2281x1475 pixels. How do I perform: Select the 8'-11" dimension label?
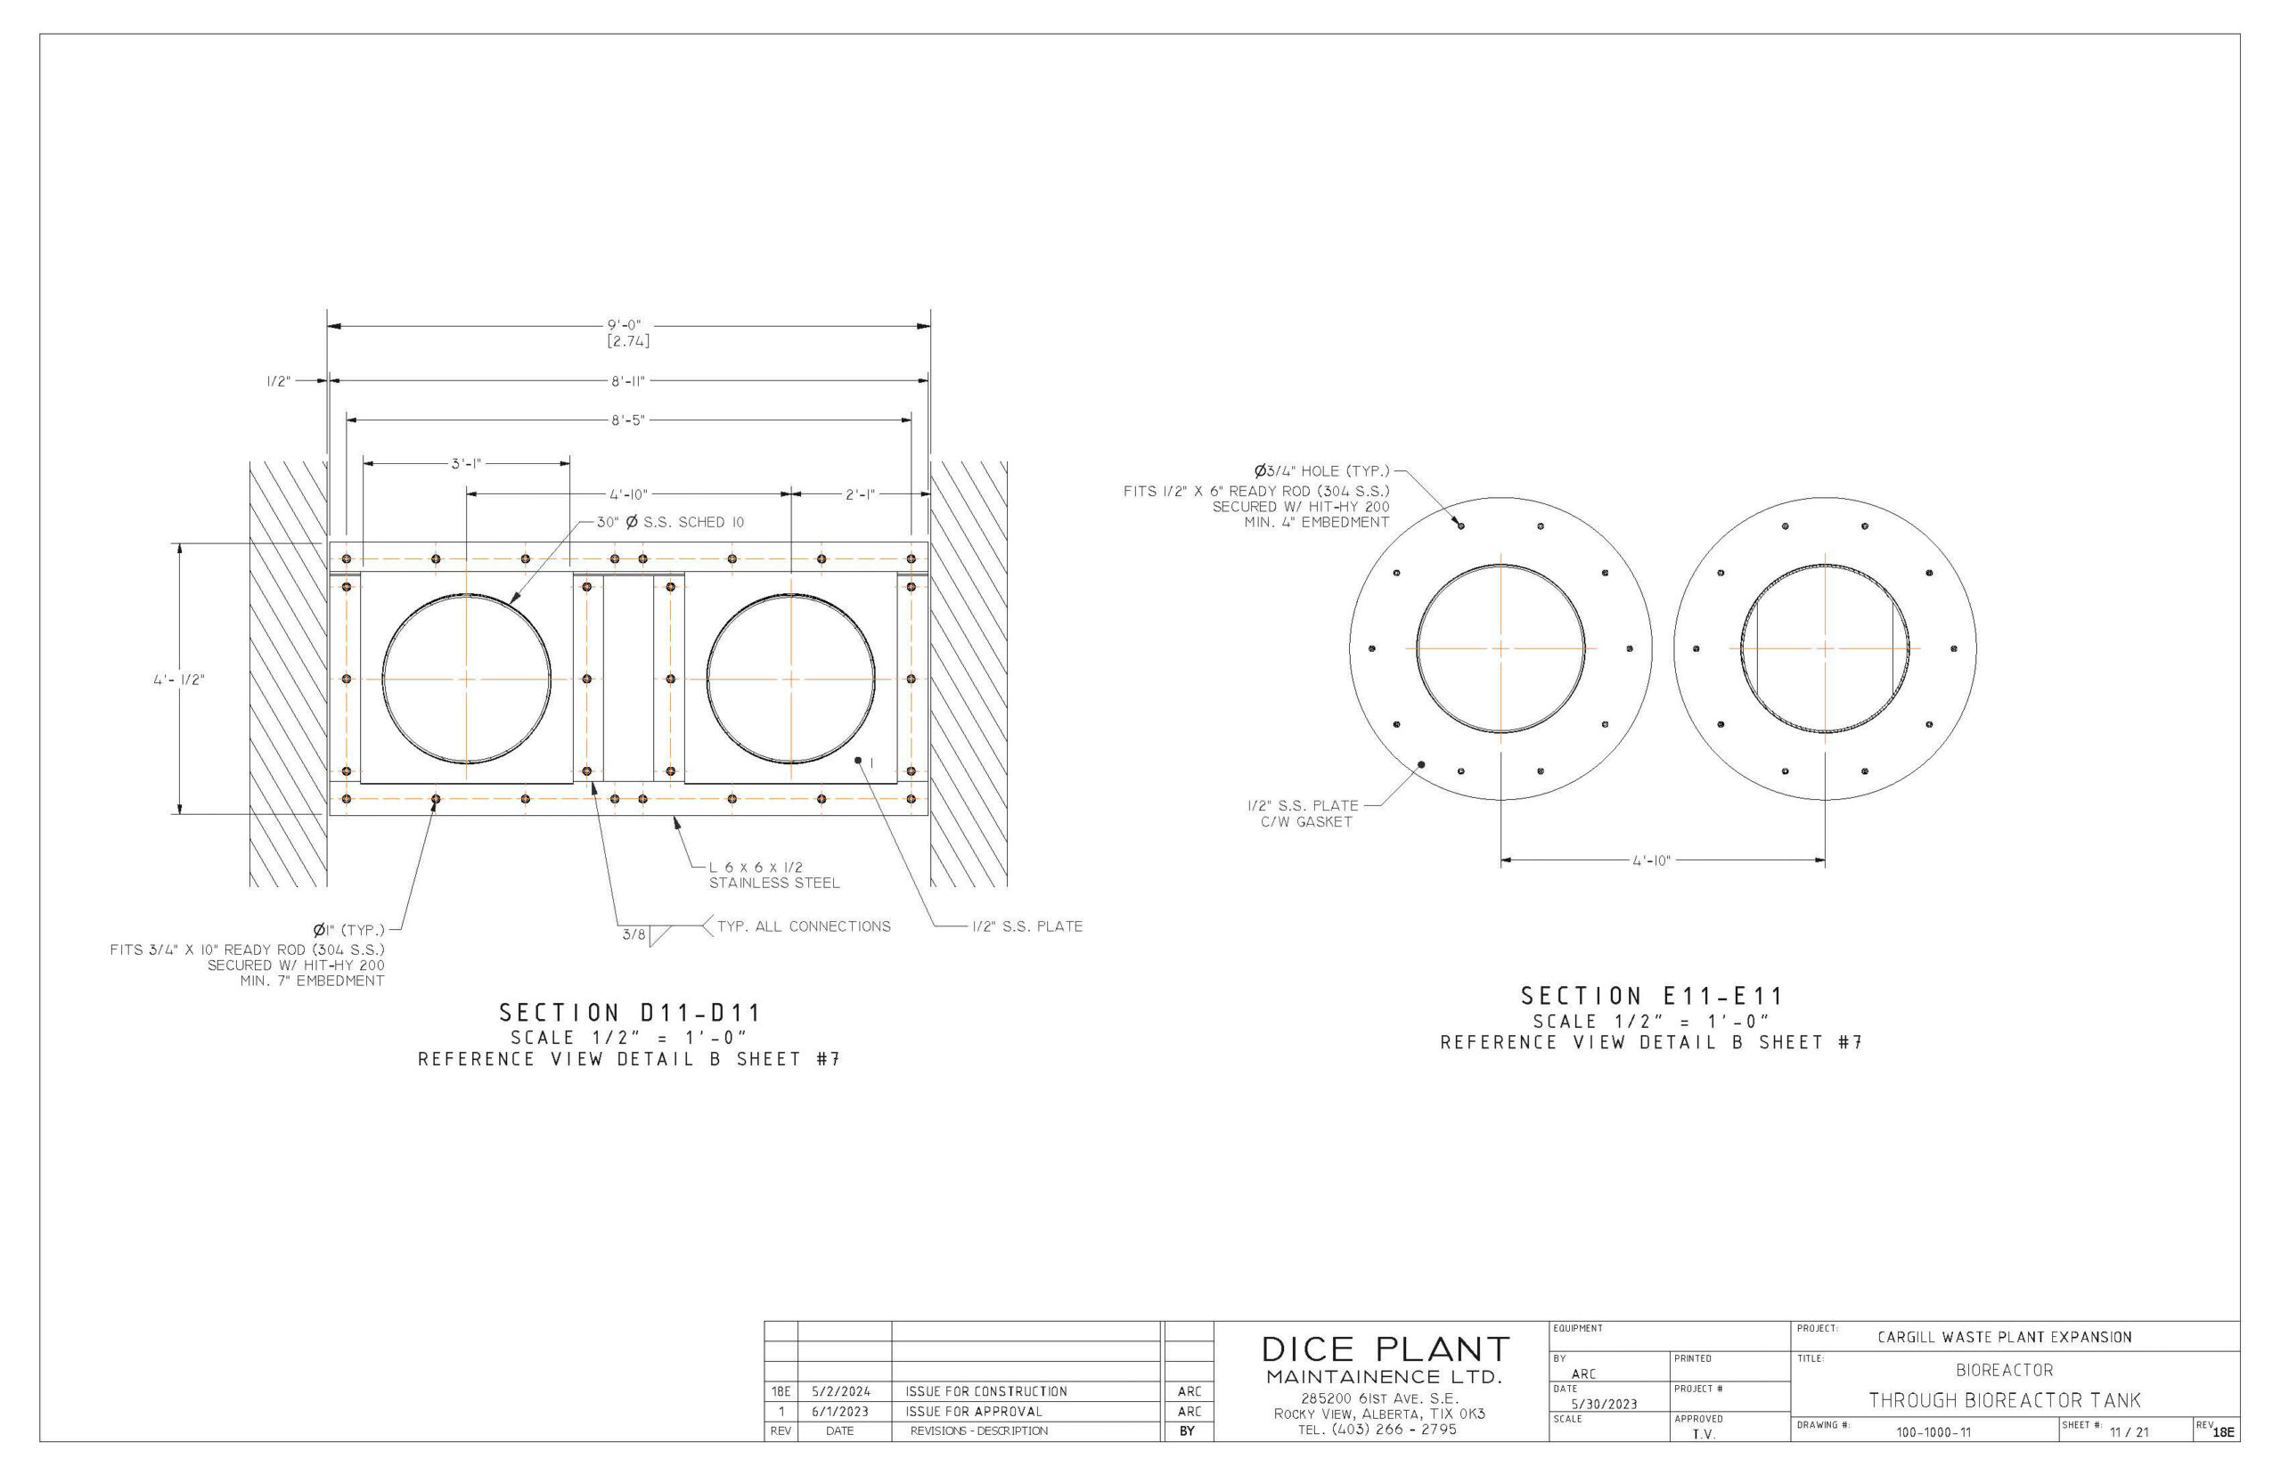pos(628,381)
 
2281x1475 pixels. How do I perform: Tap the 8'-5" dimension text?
pos(628,420)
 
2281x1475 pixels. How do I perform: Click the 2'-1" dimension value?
pos(859,494)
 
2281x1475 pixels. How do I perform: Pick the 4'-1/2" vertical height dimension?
pos(179,679)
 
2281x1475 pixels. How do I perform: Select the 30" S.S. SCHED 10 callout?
pos(671,522)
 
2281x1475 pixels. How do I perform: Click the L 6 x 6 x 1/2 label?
pos(756,867)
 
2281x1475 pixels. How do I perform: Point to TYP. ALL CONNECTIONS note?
pos(804,926)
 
